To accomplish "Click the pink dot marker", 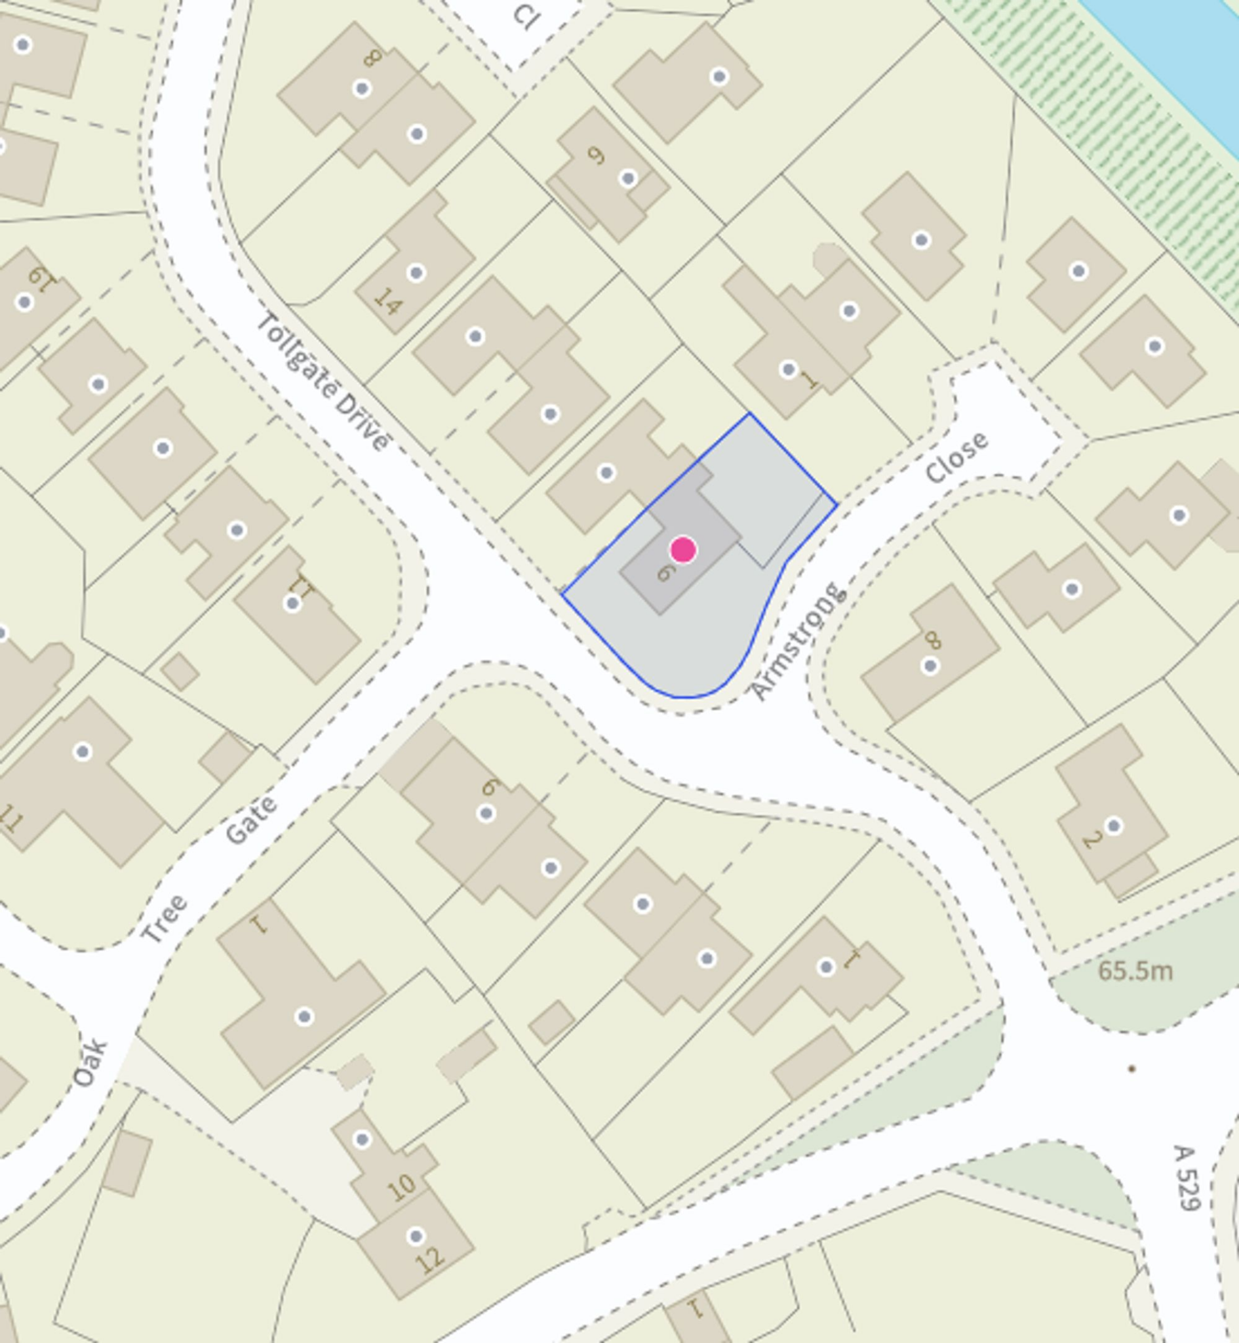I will (x=682, y=550).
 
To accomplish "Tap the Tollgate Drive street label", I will (x=323, y=382).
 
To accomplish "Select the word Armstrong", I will (x=797, y=642).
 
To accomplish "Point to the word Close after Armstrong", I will (x=956, y=457).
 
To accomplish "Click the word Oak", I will (x=90, y=1064).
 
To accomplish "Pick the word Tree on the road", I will (x=165, y=919).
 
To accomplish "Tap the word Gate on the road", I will (x=250, y=819).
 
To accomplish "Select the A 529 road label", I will (x=1186, y=1178).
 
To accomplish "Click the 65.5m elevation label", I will (x=1135, y=971).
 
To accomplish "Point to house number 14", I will (x=387, y=302).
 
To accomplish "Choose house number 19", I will (x=39, y=276).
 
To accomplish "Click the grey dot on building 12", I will (x=416, y=1235).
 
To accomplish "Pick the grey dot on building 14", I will (x=416, y=273).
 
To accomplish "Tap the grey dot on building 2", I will (x=1113, y=826).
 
